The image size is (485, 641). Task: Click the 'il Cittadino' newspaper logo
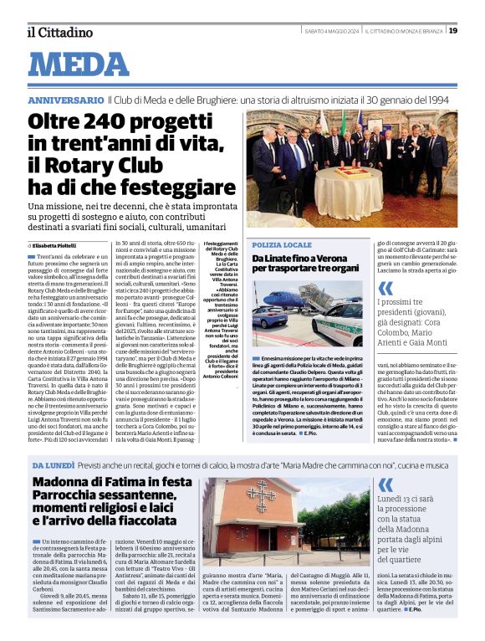(x=59, y=32)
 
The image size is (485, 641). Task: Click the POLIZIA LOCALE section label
(x=282, y=244)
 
